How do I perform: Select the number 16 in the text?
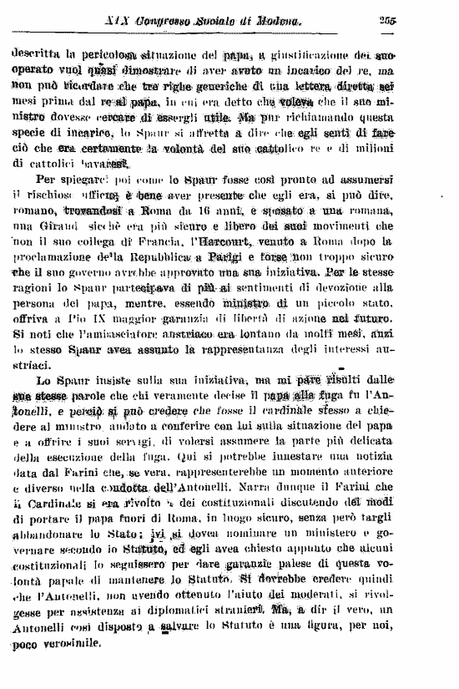tap(203, 209)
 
